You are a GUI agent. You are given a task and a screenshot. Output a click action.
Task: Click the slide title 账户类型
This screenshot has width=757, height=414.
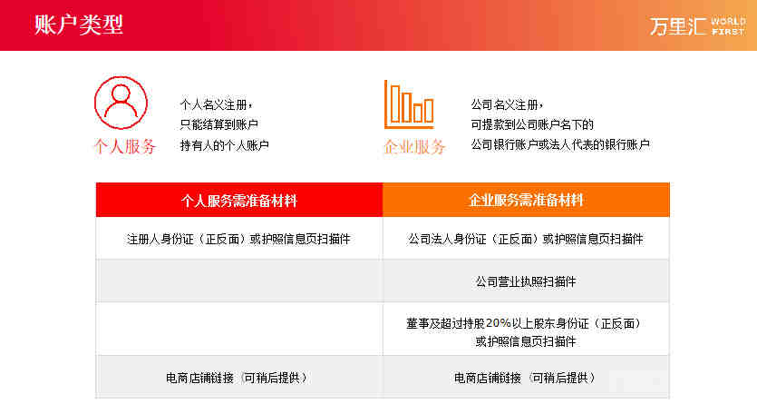coord(79,25)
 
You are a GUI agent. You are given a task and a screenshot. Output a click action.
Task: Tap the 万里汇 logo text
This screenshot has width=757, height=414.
coord(678,26)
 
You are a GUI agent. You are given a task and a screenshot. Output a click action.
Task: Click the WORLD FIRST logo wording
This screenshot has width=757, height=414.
coord(728,26)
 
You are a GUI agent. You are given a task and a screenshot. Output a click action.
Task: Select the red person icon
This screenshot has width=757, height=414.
coord(121,103)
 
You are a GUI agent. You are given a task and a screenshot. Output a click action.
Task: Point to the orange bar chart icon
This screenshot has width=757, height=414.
coord(409,104)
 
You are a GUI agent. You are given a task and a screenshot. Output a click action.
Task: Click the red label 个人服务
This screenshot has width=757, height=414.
coord(124,146)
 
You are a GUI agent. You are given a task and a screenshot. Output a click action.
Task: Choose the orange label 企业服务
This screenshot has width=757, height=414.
coord(414,146)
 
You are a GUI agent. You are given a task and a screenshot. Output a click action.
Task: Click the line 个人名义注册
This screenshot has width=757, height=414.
coord(216,104)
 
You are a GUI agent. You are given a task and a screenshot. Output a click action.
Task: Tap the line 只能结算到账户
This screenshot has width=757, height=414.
coord(218,124)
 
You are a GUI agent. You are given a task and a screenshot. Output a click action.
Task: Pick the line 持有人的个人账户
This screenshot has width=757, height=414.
coord(225,145)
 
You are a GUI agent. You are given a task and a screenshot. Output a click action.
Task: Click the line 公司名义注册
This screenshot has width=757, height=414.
coord(507,104)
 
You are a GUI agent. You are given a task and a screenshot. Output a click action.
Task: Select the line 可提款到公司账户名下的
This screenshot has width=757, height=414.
coord(532,124)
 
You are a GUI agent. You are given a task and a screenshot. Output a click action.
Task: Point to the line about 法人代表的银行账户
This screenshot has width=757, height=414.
coord(560,144)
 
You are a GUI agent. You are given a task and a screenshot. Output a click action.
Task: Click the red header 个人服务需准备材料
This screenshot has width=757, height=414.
coord(239,201)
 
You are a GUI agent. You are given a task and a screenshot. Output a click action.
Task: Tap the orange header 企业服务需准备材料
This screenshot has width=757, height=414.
coord(526,201)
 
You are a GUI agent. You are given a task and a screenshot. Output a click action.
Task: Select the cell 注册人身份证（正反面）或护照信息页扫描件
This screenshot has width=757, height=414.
coord(238,239)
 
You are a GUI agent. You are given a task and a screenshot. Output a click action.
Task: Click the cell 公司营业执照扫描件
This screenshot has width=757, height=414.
coord(526,281)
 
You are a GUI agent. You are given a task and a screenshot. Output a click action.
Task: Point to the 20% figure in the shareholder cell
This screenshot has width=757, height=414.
coord(499,323)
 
